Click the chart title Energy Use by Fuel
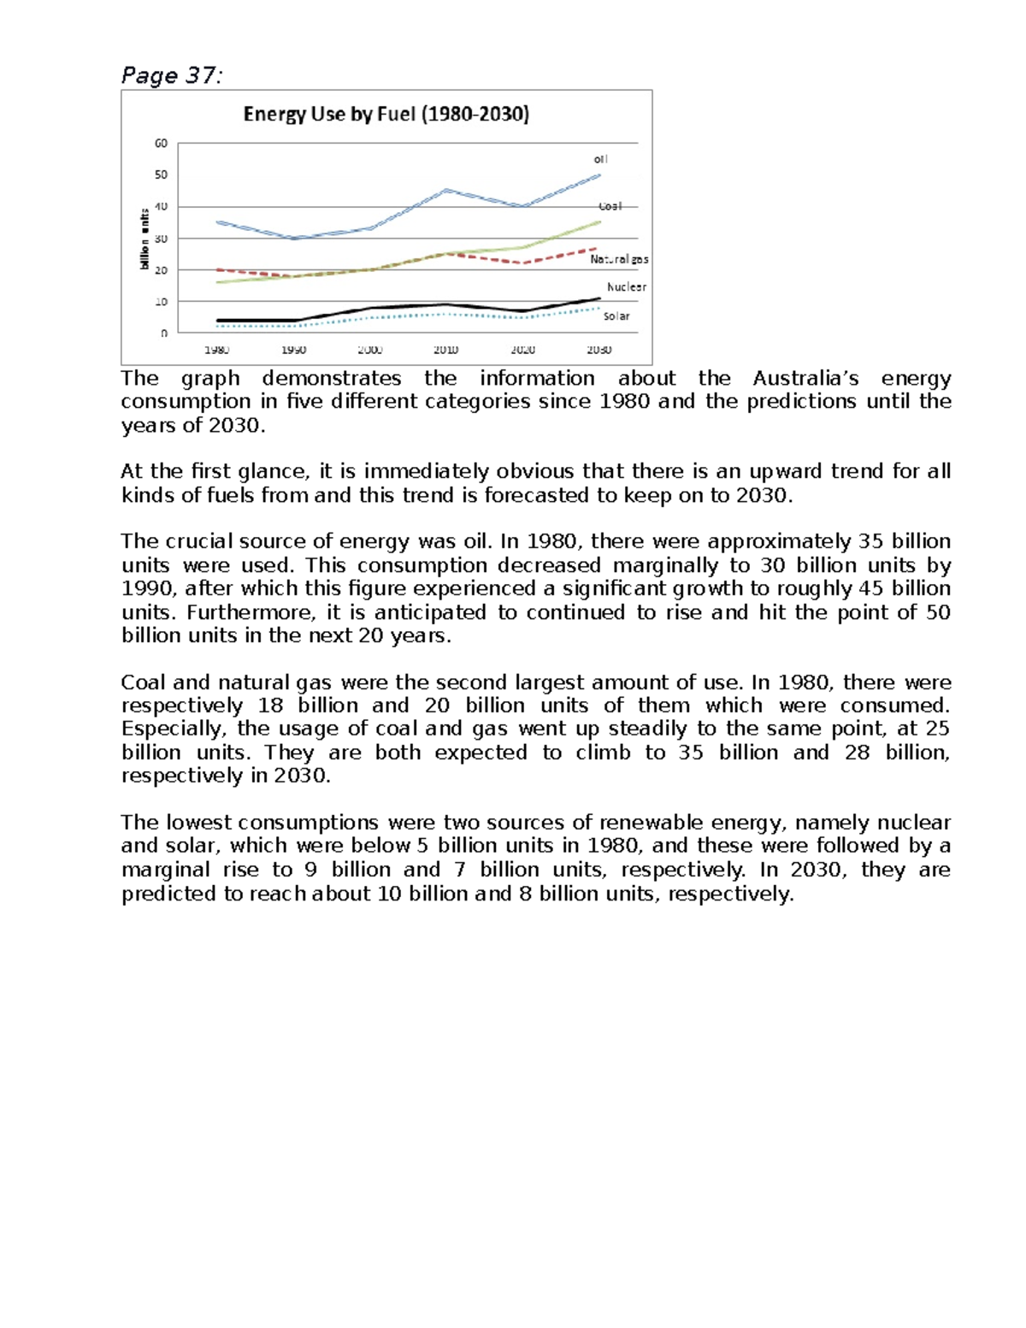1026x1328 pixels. [386, 115]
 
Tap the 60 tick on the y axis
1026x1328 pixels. [161, 144]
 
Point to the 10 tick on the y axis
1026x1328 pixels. [161, 302]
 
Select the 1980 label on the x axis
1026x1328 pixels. [216, 350]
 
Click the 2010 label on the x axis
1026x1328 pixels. [445, 350]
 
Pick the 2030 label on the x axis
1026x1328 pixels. [598, 350]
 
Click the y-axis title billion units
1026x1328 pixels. [144, 239]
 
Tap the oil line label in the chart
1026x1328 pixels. [601, 159]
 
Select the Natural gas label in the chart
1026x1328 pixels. [619, 259]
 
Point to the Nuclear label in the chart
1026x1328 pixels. [626, 287]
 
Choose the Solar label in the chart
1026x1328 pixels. [616, 316]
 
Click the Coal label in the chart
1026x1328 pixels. [610, 206]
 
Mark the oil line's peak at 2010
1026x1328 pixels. [446, 190]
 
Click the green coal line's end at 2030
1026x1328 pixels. [598, 221]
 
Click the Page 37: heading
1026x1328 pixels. [171, 76]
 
